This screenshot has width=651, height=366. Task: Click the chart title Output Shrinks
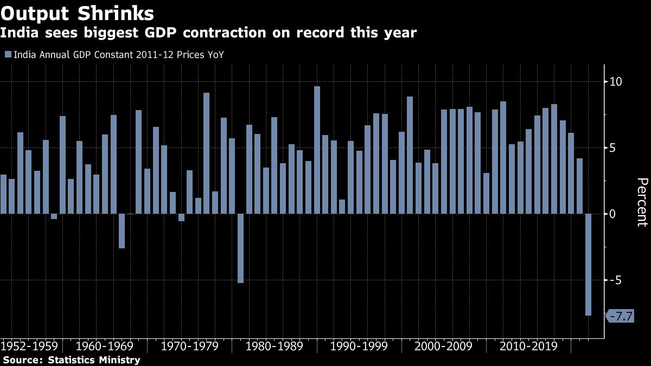click(76, 12)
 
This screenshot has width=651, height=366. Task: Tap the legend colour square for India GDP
click(8, 55)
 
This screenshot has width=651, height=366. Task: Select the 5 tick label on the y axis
click(613, 148)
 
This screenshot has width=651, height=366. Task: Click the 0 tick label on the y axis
click(613, 214)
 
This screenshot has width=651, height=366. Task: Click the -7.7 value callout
click(620, 316)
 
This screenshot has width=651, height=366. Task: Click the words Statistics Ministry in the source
click(94, 360)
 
